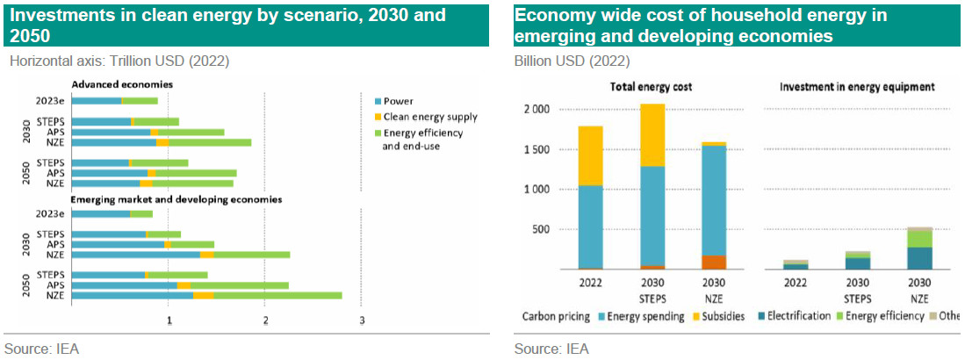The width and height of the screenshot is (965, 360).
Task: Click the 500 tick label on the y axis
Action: pyautogui.click(x=565, y=229)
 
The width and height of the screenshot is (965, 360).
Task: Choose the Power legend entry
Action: pyautogui.click(x=398, y=101)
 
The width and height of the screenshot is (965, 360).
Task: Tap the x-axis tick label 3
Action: pyautogui.click(x=362, y=320)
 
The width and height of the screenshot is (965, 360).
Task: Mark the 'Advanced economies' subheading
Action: pyautogui.click(x=121, y=84)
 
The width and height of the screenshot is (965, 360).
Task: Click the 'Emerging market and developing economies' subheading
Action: pyautogui.click(x=176, y=200)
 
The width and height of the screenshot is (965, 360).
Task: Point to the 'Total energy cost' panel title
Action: pyautogui.click(x=651, y=87)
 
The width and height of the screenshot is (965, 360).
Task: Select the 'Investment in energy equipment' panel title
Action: pyautogui.click(x=856, y=87)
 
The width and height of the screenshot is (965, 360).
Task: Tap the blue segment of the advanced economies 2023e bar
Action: pyautogui.click(x=96, y=100)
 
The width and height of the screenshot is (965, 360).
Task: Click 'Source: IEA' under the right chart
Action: pyautogui.click(x=551, y=349)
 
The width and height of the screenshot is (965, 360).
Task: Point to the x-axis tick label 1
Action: pyautogui.click(x=169, y=320)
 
